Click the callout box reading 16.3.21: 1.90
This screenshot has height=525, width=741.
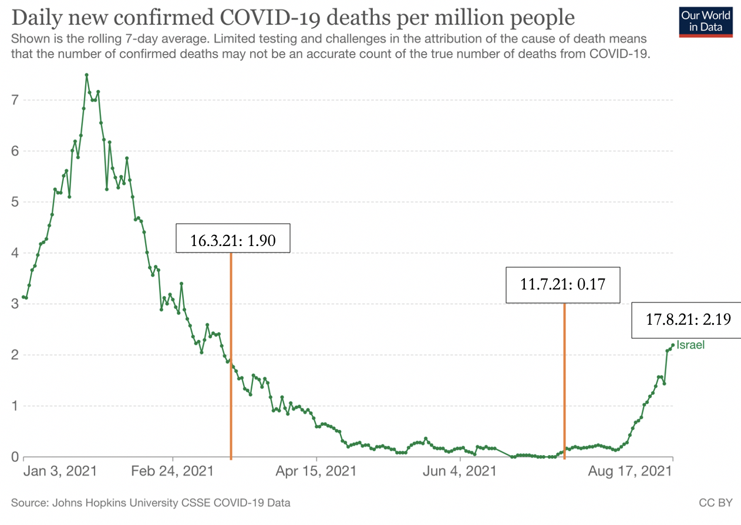pyautogui.click(x=233, y=238)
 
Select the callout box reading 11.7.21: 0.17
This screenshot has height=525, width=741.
pyautogui.click(x=563, y=285)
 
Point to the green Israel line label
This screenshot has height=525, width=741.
pyautogui.click(x=691, y=345)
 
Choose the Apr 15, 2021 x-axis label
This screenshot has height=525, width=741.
pyautogui.click(x=316, y=471)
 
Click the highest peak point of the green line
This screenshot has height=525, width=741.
pyautogui.click(x=86, y=75)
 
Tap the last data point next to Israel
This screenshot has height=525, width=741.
pyautogui.click(x=673, y=345)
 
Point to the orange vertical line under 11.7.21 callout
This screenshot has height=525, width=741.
pyautogui.click(x=564, y=382)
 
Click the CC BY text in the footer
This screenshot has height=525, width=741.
pyautogui.click(x=715, y=503)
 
